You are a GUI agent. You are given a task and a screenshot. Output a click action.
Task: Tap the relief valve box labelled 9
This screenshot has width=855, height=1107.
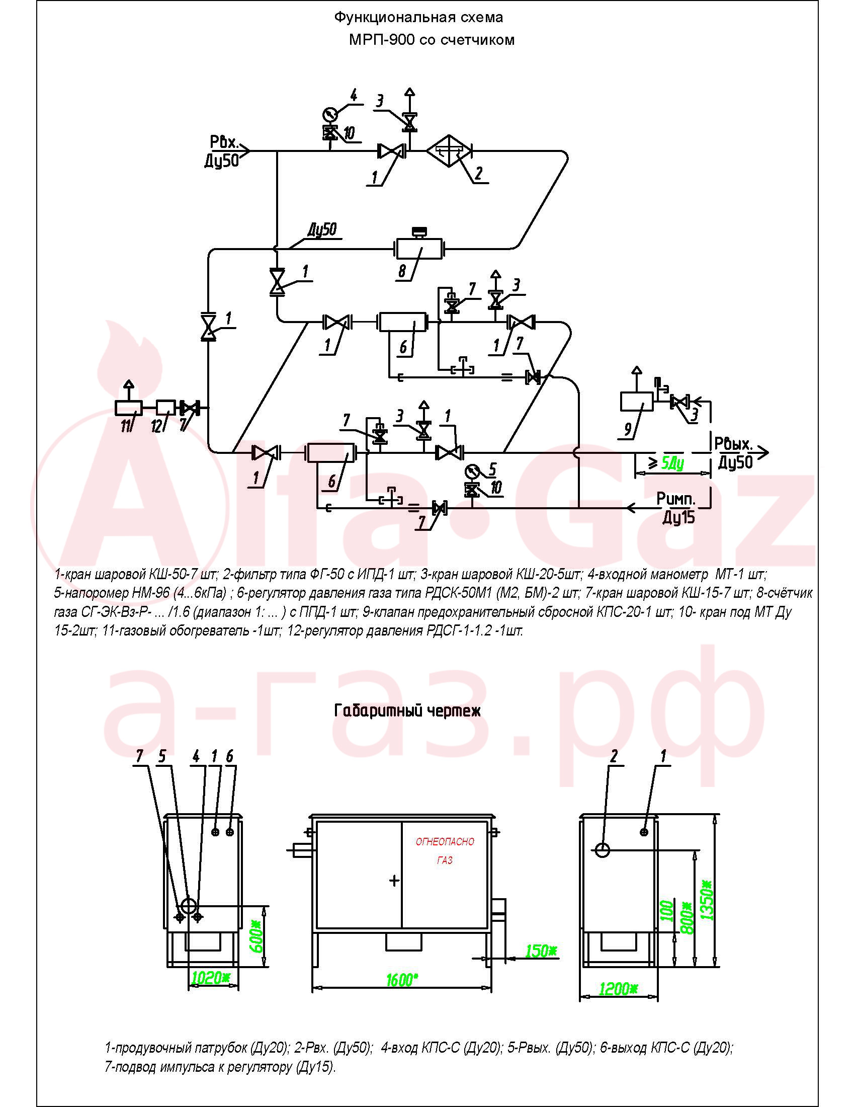point(637,402)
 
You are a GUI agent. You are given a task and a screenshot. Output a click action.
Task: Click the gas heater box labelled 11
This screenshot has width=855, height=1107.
point(129,407)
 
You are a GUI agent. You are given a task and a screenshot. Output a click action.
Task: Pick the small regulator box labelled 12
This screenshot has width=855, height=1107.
point(165,407)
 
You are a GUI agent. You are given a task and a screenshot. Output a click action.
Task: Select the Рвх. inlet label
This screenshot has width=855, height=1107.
point(224,142)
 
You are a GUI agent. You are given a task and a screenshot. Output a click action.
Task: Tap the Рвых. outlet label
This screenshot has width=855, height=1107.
point(733,443)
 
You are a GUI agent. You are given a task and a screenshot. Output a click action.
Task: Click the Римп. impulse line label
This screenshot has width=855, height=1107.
point(675,499)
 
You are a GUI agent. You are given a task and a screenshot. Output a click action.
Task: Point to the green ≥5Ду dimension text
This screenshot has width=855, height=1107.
point(666,462)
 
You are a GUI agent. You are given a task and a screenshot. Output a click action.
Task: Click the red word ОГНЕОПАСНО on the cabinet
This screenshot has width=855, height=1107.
point(445,842)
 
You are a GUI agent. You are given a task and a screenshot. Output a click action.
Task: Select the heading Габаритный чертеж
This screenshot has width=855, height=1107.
point(407,710)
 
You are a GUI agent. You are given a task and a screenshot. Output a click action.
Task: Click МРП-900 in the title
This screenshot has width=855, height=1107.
point(382,40)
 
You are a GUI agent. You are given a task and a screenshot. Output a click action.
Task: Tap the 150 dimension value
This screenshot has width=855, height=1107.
point(541,951)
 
